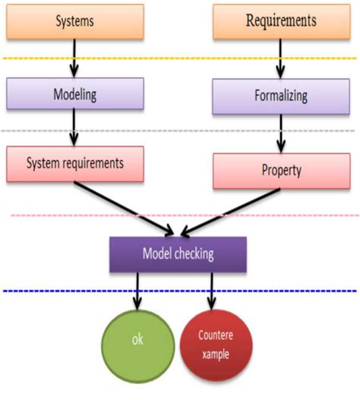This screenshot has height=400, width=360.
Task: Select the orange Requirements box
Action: pos(280,20)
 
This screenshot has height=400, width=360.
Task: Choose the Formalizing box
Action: pos(280,96)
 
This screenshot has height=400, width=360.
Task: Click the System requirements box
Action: pos(74,162)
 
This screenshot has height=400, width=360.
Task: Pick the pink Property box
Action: pos(280,171)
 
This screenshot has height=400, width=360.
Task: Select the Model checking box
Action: pos(178,254)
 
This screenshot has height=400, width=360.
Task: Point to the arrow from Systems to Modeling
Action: pos(74,57)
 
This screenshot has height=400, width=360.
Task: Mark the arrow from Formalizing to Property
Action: pos(280,134)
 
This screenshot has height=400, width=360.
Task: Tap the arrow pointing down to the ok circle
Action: pos(137,290)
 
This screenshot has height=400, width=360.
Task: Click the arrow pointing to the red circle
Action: pos(212,290)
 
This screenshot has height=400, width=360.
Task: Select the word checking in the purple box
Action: pos(197,254)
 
